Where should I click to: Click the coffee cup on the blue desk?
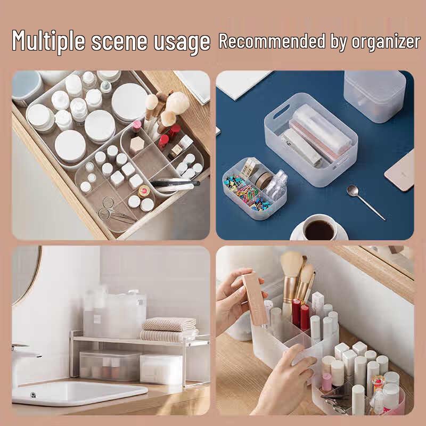coord(319,229)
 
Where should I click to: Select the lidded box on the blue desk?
coord(374,96)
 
